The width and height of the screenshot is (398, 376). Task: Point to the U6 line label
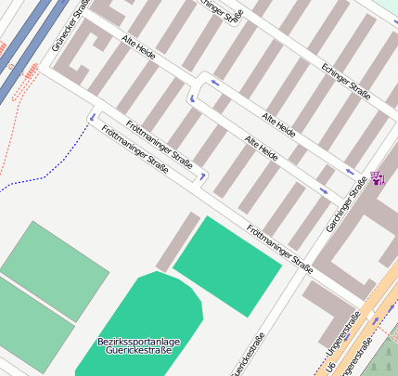tap(331, 368)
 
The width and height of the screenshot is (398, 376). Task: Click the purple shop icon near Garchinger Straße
tap(378, 178)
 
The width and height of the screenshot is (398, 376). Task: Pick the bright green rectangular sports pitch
tap(226, 265)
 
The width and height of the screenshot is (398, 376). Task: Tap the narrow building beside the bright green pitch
tap(177, 242)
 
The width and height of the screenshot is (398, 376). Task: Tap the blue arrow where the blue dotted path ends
tap(92, 116)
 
